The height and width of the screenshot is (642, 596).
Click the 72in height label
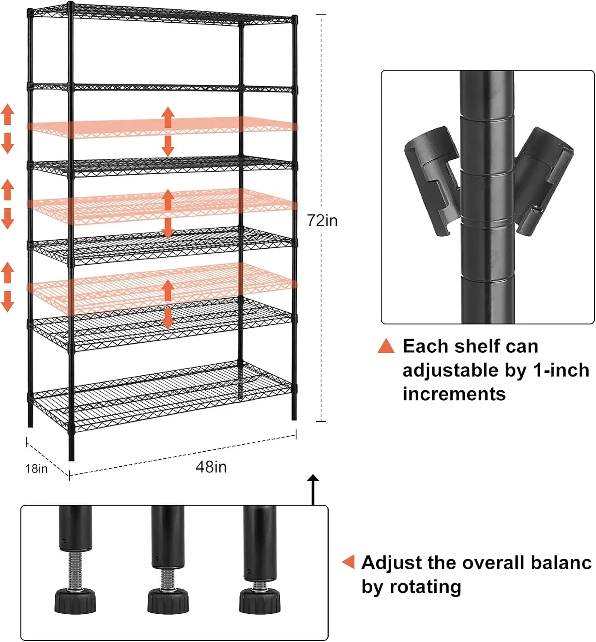click(x=322, y=220)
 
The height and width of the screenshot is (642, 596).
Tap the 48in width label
click(x=211, y=467)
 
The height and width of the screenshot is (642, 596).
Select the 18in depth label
click(x=36, y=469)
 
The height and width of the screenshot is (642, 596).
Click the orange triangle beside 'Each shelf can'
click(x=386, y=346)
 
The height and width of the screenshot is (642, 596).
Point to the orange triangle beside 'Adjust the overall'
click(x=349, y=562)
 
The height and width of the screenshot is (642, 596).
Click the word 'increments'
click(x=454, y=394)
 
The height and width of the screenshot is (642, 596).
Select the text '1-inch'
click(x=561, y=370)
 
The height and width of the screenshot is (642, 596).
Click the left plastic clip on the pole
click(x=431, y=180)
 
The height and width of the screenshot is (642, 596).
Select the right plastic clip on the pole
click(x=544, y=180)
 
